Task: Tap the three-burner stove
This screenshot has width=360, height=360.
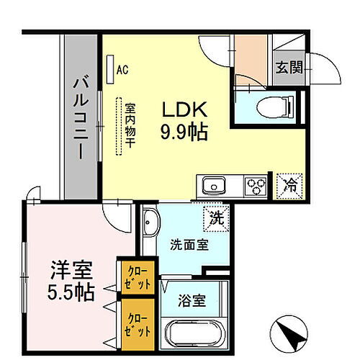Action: (x=255, y=186)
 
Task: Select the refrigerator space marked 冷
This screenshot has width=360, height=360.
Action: (x=289, y=184)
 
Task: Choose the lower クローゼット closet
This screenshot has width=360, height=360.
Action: (x=136, y=323)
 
